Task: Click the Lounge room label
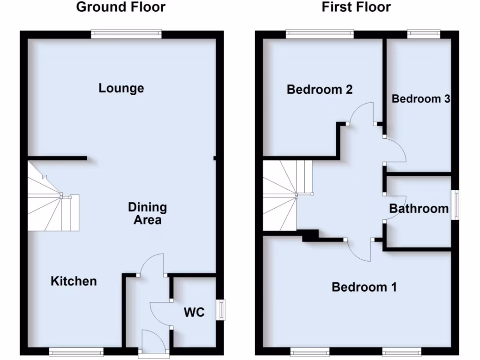click(121, 88)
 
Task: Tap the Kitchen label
click(74, 281)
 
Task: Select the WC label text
click(194, 312)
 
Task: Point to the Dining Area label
click(148, 213)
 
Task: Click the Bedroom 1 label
click(364, 287)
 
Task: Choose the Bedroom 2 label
click(319, 89)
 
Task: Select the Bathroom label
click(419, 209)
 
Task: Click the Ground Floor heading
click(120, 7)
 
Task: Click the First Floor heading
click(356, 7)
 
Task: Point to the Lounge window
click(127, 33)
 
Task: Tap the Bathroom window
click(456, 205)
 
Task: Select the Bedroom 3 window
click(424, 33)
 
